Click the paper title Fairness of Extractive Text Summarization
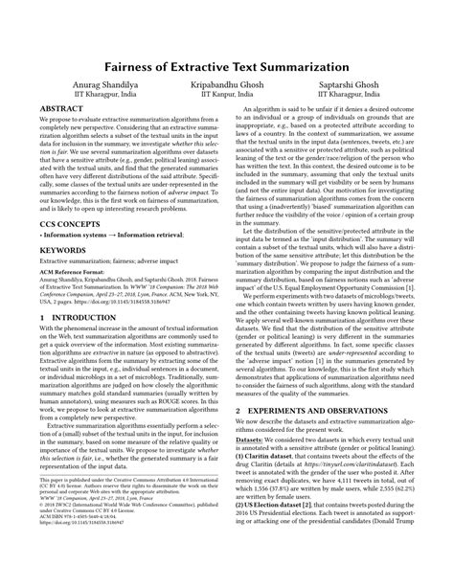point(227,68)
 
